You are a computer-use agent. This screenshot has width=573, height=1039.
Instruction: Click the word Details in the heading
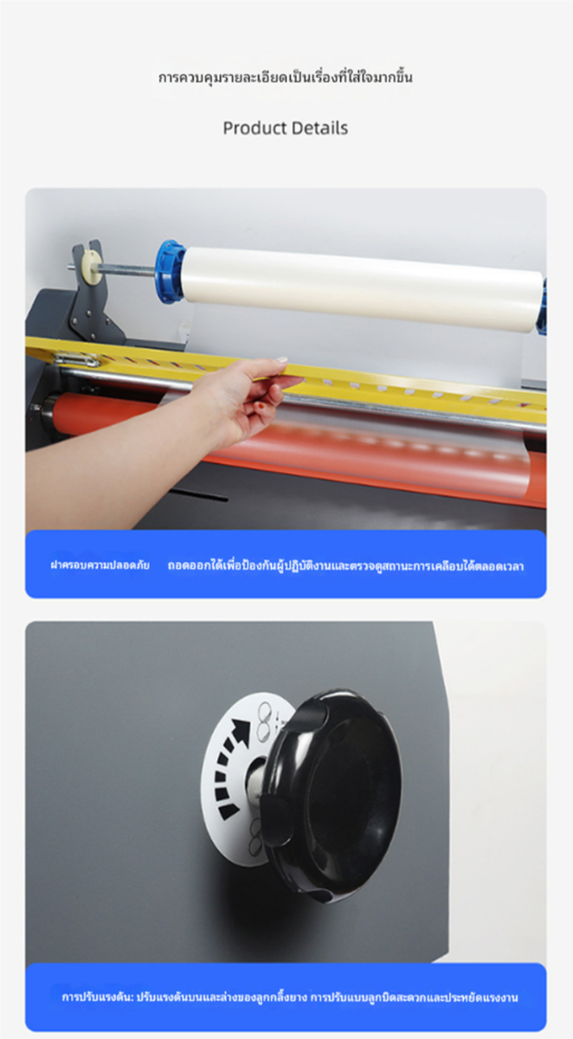(x=318, y=128)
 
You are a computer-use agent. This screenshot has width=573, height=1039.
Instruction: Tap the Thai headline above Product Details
(x=286, y=77)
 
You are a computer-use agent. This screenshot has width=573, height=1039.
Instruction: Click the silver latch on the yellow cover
(x=75, y=358)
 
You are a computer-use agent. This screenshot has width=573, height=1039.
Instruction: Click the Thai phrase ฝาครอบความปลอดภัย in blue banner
(x=100, y=565)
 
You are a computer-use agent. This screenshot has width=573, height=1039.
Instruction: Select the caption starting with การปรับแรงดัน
(x=290, y=997)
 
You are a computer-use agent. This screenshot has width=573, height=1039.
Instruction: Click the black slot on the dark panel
(x=202, y=494)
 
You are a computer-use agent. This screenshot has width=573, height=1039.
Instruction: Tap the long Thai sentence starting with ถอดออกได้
(x=346, y=566)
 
